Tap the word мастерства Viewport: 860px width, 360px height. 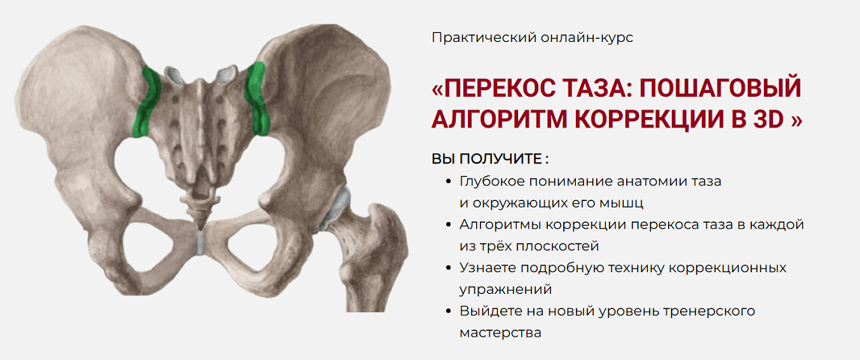[x=499, y=332]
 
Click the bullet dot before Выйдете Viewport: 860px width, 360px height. [x=448, y=310]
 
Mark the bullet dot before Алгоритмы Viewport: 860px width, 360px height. [x=448, y=224]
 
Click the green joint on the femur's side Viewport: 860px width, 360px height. [x=257, y=97]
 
